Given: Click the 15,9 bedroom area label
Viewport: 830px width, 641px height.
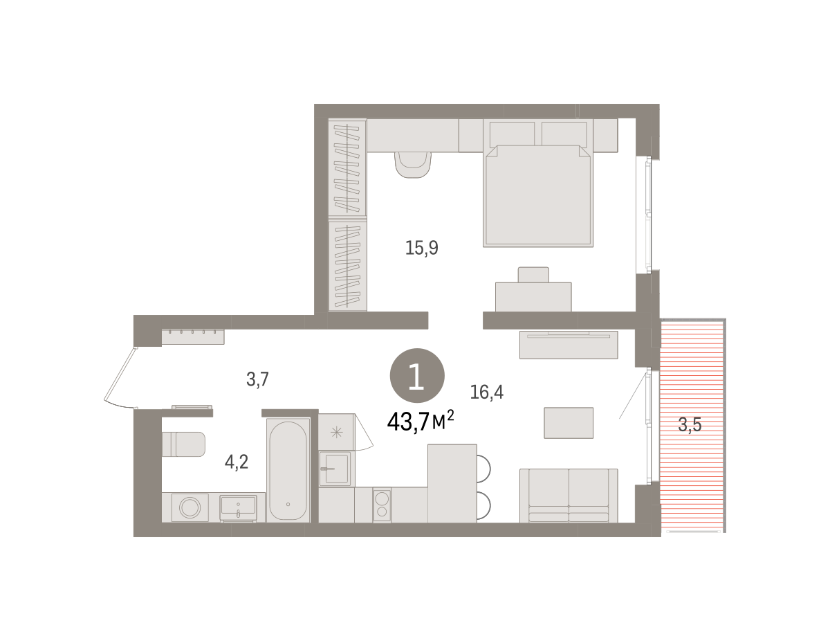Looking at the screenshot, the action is (x=421, y=248).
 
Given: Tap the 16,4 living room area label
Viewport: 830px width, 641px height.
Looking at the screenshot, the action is (x=486, y=392).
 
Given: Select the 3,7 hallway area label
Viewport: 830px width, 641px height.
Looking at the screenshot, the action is (x=257, y=379).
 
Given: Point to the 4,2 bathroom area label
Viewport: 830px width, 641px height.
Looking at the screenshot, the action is (x=237, y=462).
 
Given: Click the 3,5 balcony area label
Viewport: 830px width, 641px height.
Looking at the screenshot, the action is (x=690, y=424).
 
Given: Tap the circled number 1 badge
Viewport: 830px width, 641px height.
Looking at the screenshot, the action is (x=417, y=375).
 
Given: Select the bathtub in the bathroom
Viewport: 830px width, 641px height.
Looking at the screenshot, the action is (x=288, y=470).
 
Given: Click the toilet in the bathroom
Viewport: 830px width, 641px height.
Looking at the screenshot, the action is (x=184, y=444).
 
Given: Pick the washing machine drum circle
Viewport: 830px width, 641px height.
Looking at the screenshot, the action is (x=190, y=508).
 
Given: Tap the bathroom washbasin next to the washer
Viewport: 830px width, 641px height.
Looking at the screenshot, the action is (x=237, y=507).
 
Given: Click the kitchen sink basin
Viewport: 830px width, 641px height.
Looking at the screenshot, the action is (x=334, y=469).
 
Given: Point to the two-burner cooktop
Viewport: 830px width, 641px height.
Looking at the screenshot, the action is (x=382, y=505).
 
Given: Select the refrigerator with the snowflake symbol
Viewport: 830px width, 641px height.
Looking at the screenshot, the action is (x=337, y=432).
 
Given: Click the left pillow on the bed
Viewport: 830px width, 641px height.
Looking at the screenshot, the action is (x=512, y=134).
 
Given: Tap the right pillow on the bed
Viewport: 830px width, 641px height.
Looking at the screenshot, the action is (x=564, y=134).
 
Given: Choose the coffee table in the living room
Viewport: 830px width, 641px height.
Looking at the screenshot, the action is (x=569, y=422).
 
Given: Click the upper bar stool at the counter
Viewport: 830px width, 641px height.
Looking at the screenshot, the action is (x=483, y=469).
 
